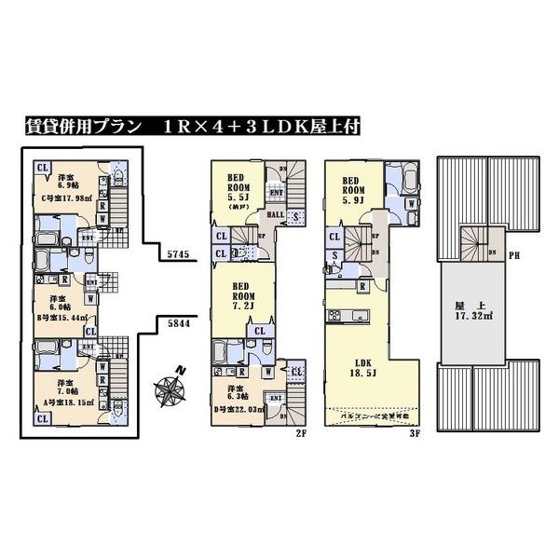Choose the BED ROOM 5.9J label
[x=358, y=188]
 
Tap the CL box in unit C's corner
[x=42, y=168]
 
